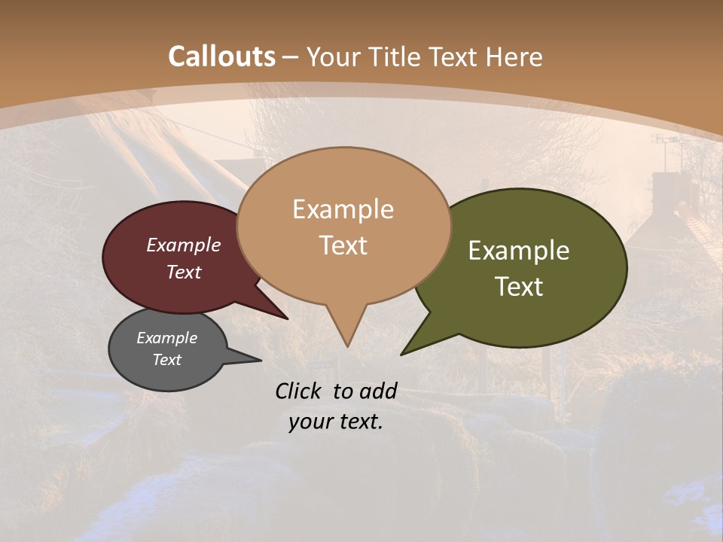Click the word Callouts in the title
[221, 56]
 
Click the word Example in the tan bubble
[343, 209]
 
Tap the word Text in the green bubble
[519, 286]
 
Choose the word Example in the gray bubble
[166, 338]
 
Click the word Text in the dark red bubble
[184, 272]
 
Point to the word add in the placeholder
[377, 391]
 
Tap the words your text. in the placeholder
[336, 422]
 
